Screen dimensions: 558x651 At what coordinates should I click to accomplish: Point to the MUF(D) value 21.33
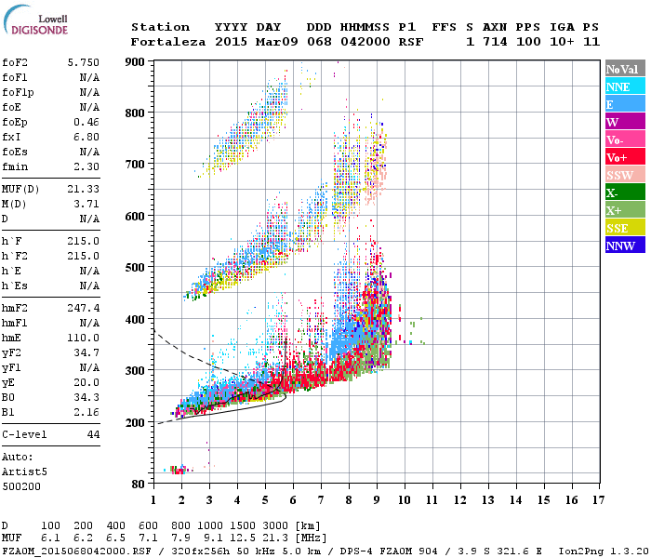(84, 188)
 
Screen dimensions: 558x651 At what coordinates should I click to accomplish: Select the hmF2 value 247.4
(84, 307)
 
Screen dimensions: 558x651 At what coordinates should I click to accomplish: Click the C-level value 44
(93, 434)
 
